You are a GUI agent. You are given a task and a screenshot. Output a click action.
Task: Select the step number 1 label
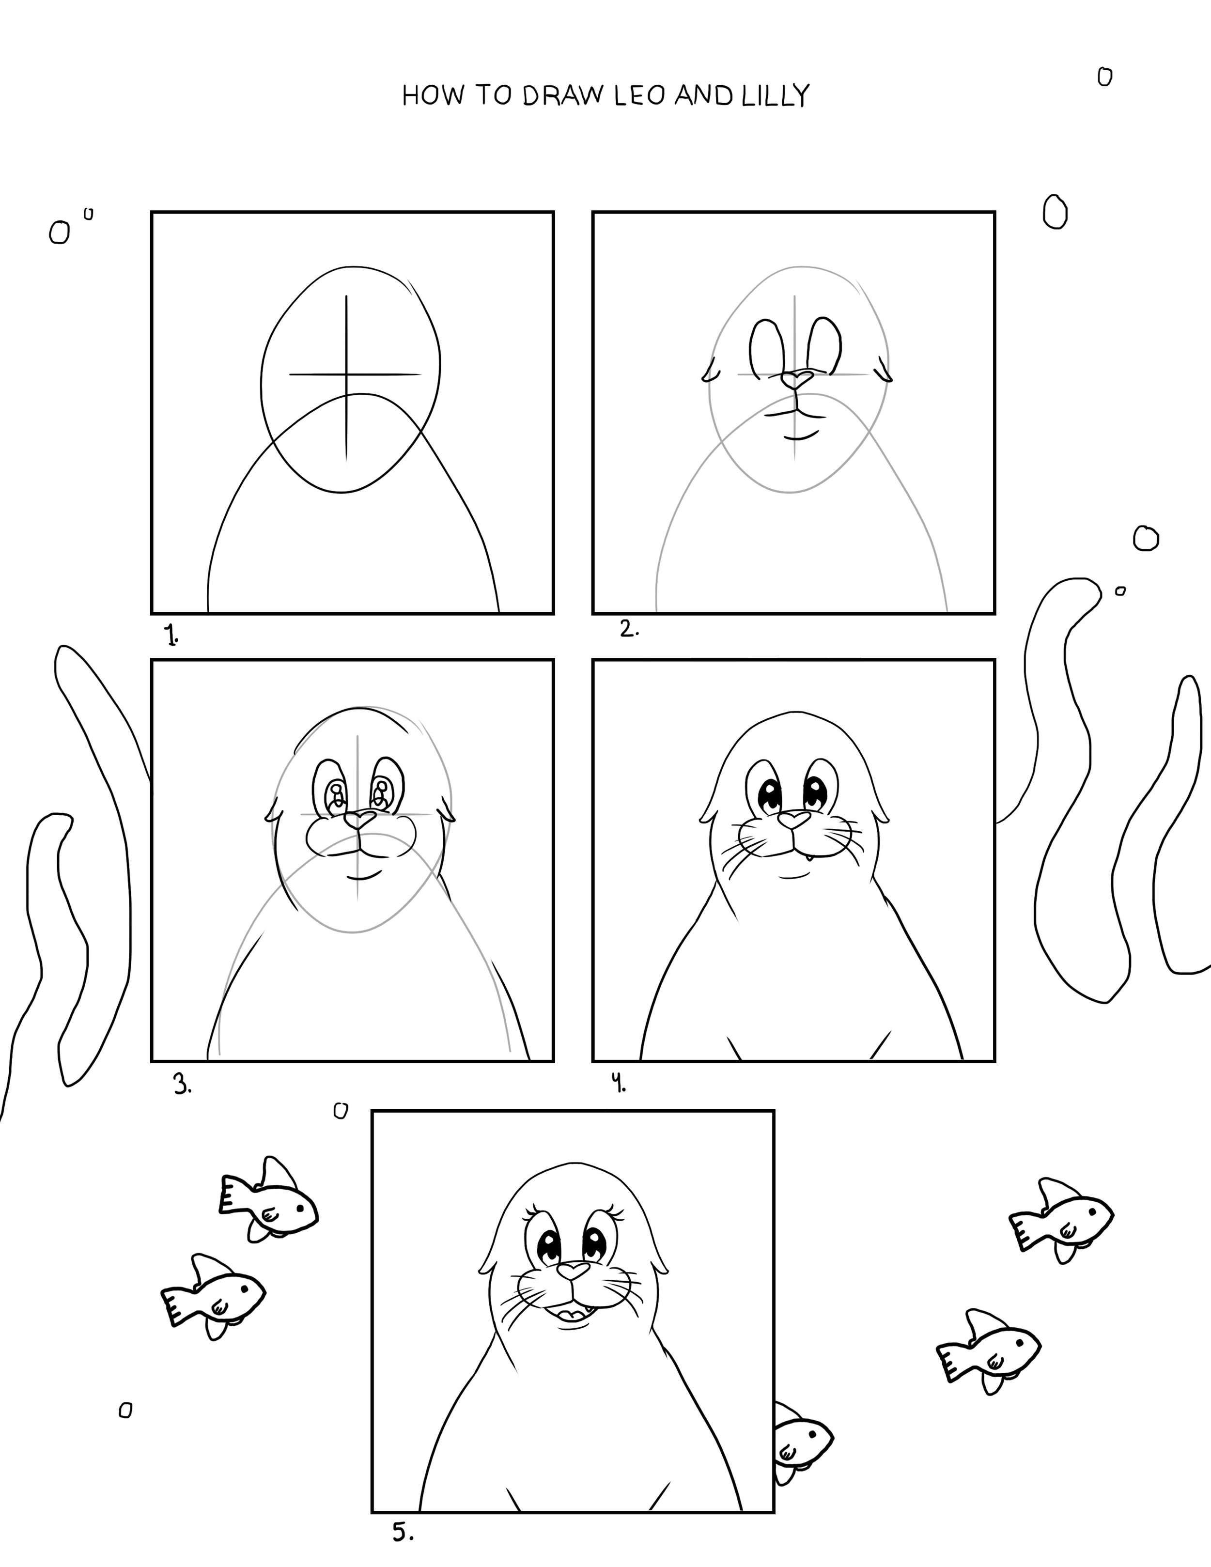(171, 635)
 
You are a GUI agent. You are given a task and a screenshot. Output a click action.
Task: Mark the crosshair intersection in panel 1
(346, 374)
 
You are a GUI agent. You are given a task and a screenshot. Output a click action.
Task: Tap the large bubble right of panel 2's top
(1054, 212)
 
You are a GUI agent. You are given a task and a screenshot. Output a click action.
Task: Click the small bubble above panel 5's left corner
(341, 1111)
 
